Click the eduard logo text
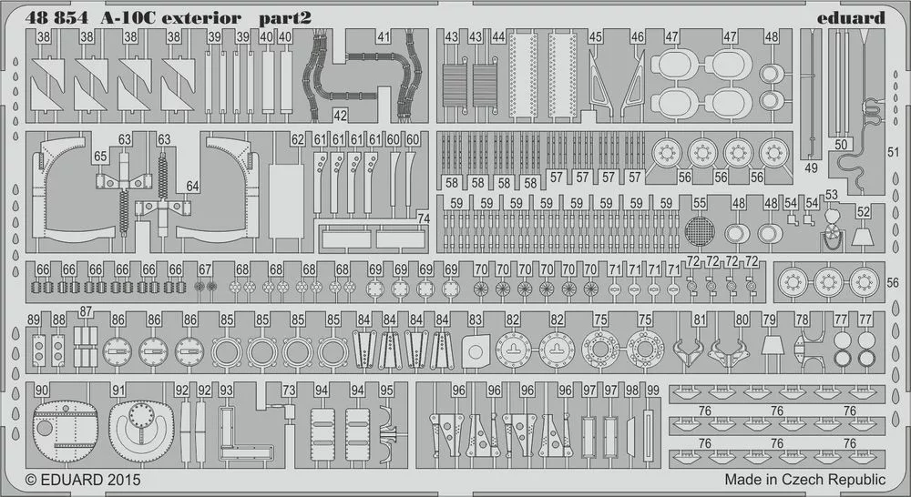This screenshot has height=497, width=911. tap(851, 18)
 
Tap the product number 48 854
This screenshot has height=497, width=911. tap(56, 18)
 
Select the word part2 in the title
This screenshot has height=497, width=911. tap(284, 18)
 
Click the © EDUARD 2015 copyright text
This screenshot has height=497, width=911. tap(83, 481)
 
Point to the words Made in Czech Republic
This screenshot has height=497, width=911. tap(804, 480)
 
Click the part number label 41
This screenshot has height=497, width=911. tap(384, 37)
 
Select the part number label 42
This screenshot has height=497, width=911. tap(341, 116)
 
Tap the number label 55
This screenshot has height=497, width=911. tap(700, 203)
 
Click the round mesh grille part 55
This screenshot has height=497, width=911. tap(700, 231)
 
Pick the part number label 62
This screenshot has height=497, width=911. tap(298, 140)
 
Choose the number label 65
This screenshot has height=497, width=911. tap(100, 157)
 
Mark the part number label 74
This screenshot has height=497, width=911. tap(424, 218)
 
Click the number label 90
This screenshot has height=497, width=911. tap(42, 390)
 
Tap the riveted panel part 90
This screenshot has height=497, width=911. tap(66, 431)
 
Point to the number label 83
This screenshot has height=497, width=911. tap(476, 319)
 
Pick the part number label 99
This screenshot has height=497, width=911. tap(653, 390)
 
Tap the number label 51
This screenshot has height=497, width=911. tap(893, 152)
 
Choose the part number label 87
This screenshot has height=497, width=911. tap(86, 311)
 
